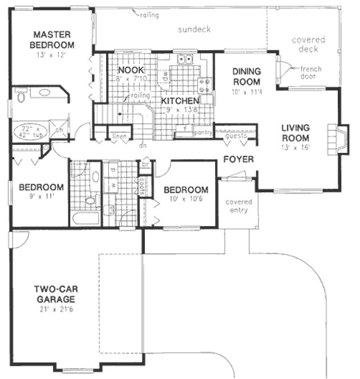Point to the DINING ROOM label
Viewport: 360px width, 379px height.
pos(246,76)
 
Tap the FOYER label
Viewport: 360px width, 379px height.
pos(238,159)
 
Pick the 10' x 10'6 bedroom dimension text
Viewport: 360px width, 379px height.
pos(185,199)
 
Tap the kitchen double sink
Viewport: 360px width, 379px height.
pos(186,58)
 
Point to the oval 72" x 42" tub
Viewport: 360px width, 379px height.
pos(27,131)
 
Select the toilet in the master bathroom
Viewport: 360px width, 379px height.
pos(21,97)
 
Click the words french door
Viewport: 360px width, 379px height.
pos(312,72)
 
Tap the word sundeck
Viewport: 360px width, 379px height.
pos(194,29)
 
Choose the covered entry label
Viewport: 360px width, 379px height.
pos(239,205)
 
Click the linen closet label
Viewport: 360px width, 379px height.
pos(119,137)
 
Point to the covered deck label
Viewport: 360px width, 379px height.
pos(308,45)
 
